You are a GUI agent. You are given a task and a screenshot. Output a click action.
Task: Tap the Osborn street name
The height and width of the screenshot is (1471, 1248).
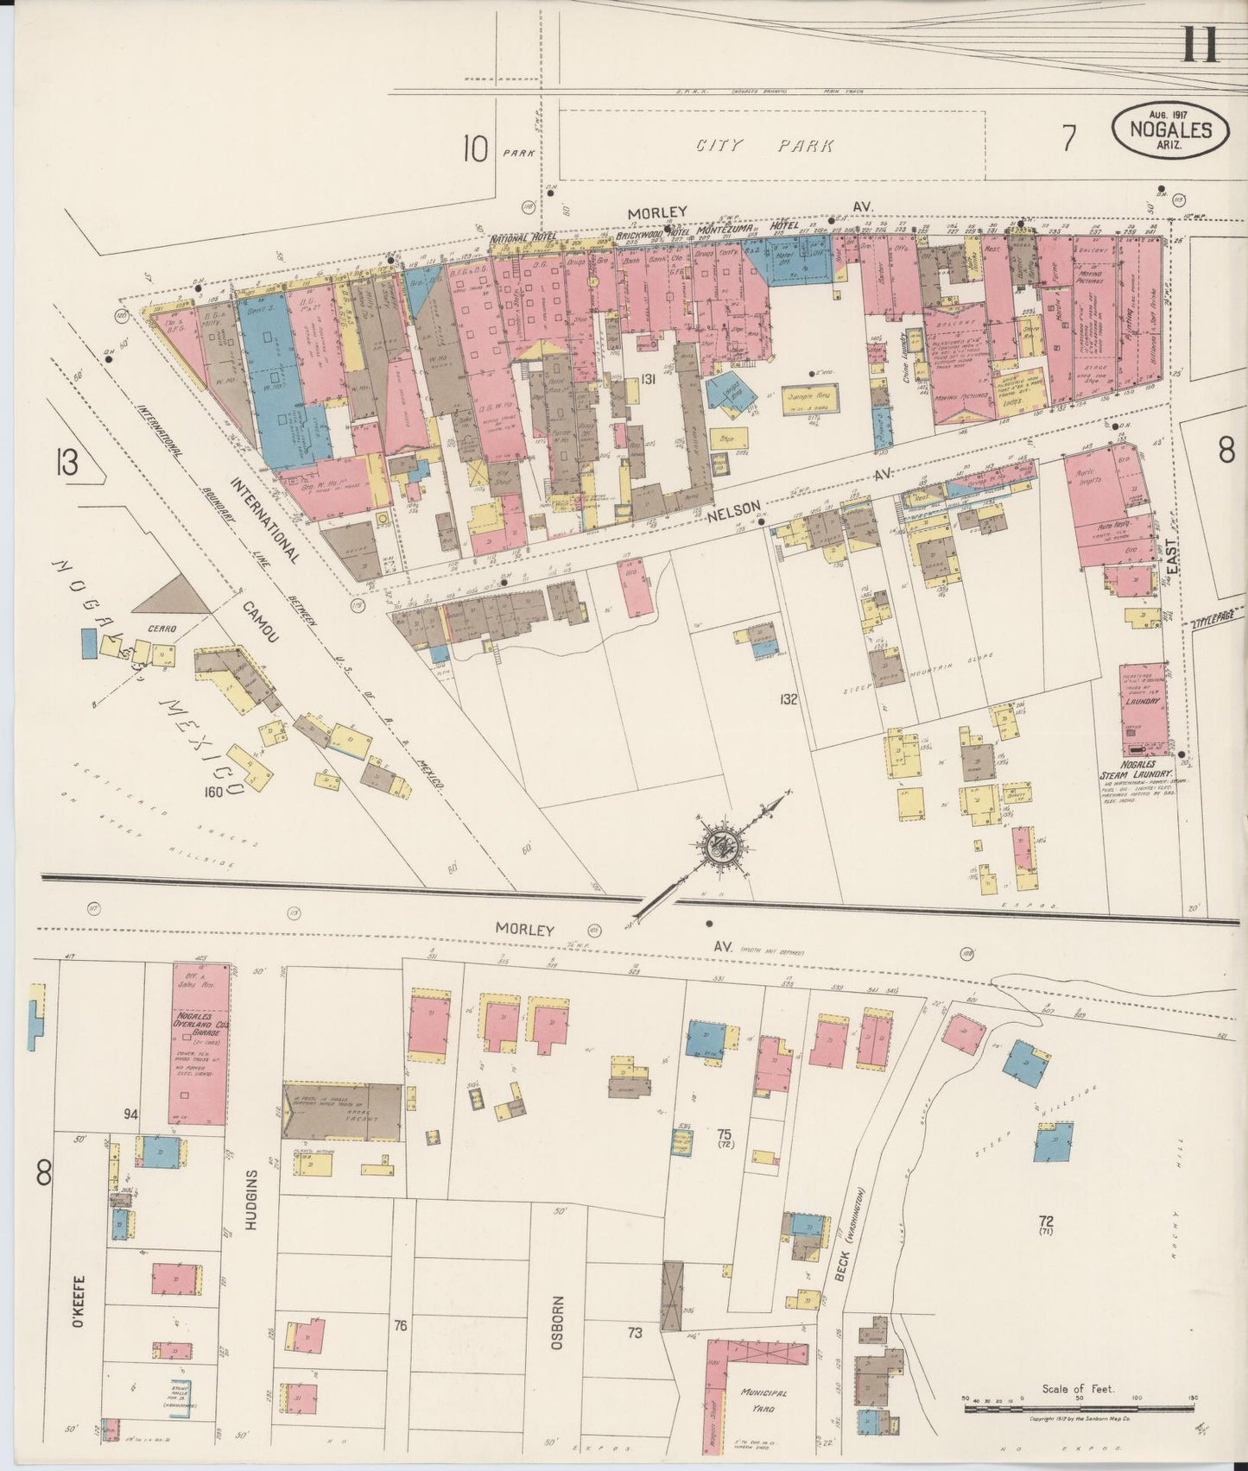point(558,1323)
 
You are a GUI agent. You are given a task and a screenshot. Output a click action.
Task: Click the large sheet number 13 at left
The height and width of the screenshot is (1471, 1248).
point(66,463)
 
